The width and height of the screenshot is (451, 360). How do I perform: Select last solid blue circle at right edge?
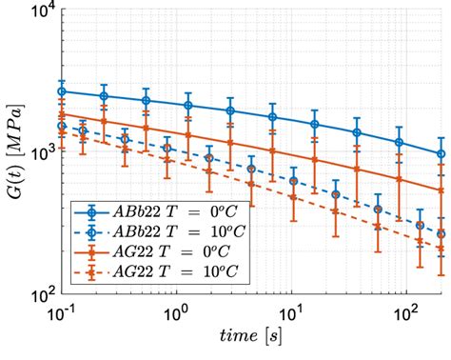(x=441, y=154)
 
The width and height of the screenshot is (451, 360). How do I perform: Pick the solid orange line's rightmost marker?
(x=441, y=190)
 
